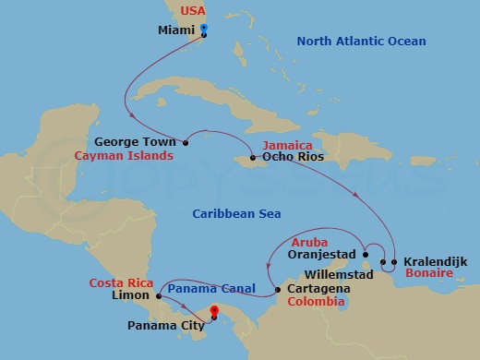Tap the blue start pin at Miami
click(203, 30)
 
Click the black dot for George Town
click(186, 142)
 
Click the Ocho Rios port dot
click(253, 158)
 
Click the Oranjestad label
click(321, 253)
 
